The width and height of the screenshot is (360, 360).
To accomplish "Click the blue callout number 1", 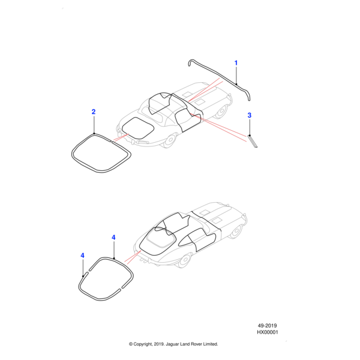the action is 236,62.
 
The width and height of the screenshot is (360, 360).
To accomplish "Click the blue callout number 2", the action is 94,112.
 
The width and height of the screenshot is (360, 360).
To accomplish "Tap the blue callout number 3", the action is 250,115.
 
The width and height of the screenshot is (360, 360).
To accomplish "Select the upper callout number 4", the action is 113,238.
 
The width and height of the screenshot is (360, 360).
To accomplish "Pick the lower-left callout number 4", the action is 82,256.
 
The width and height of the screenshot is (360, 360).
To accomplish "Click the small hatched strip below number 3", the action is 253,142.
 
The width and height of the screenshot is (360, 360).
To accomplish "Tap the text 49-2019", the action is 267,326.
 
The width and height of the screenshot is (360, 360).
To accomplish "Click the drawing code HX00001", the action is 268,332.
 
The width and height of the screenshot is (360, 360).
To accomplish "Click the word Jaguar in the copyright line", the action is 172,344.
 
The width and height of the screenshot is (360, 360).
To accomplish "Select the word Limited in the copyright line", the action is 210,344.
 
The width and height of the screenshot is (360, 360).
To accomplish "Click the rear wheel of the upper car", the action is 170,140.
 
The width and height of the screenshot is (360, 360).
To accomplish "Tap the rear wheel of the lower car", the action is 184,260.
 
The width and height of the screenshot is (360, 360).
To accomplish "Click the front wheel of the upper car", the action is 222,111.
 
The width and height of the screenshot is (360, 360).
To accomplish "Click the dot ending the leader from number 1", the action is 236,84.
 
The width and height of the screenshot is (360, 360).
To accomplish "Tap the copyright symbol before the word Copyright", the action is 131,344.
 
